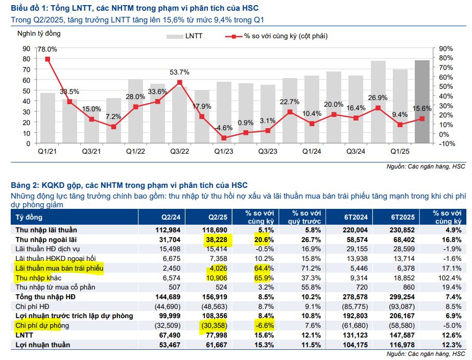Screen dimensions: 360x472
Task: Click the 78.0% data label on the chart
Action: (x=47, y=50)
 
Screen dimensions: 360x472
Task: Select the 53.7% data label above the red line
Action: (x=180, y=72)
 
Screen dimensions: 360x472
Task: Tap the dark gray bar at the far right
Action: (x=422, y=102)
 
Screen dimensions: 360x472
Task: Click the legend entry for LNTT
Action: (x=187, y=36)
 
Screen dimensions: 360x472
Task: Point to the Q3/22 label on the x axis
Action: (x=180, y=152)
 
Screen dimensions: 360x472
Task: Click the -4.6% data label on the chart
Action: (x=223, y=129)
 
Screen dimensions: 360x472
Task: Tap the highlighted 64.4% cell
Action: (x=263, y=268)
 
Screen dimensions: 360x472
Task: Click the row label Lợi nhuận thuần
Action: (x=43, y=345)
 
